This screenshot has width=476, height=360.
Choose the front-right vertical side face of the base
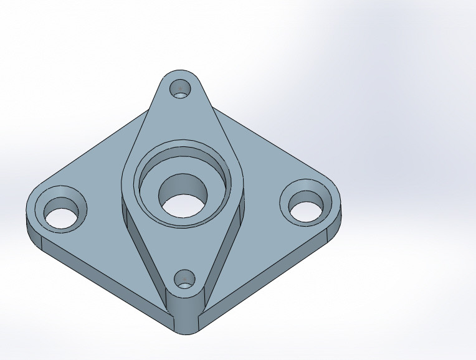click(268, 274)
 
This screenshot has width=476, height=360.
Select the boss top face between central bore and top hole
click(181, 125)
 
